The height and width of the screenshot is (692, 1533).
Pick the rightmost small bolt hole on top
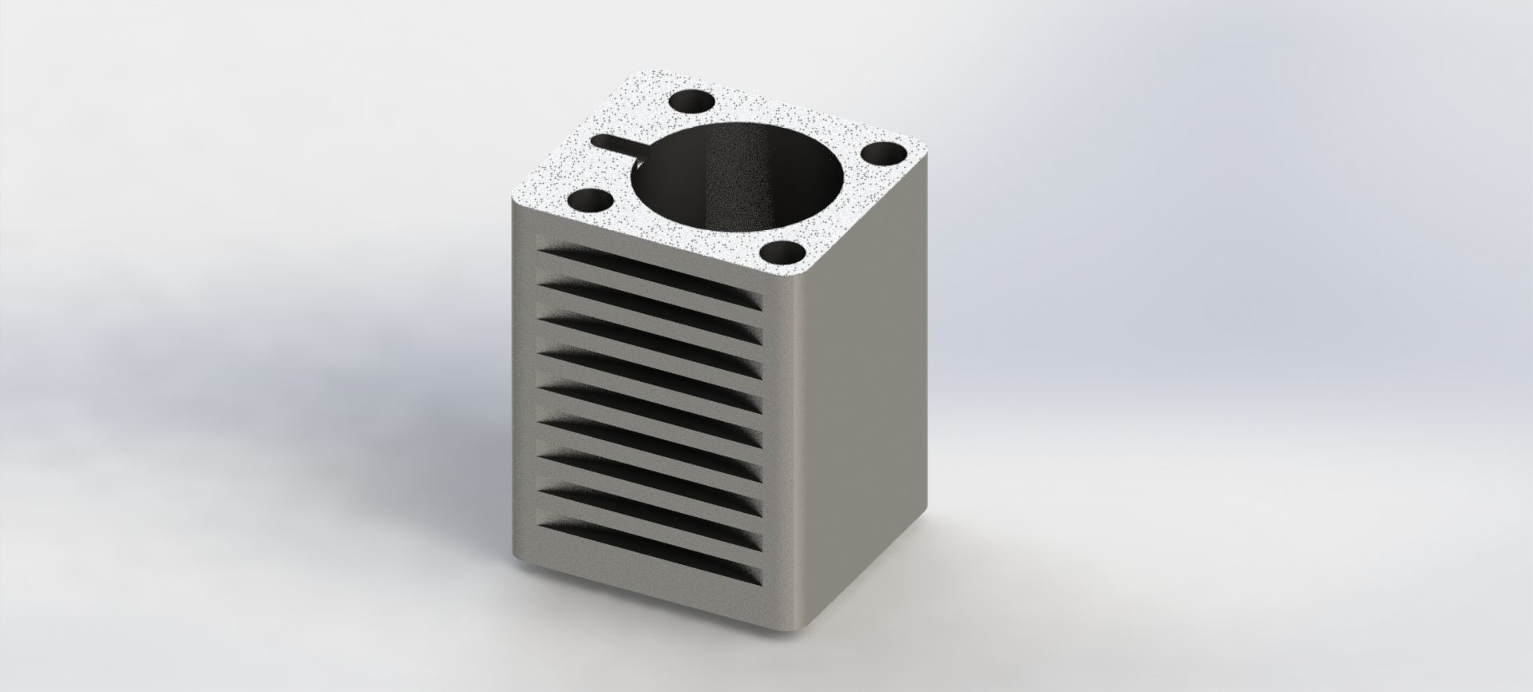pyautogui.click(x=882, y=154)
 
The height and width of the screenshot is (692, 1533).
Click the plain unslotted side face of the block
pyautogui.click(x=870, y=400)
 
